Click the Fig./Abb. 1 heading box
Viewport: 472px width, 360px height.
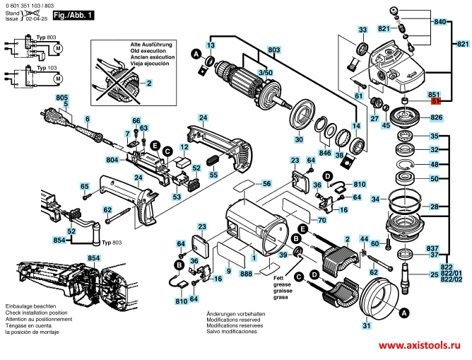[75, 15]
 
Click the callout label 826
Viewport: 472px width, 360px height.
[436, 117]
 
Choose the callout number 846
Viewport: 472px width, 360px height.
[324, 152]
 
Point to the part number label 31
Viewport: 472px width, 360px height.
[366, 326]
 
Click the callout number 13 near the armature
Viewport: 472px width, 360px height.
[210, 45]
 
